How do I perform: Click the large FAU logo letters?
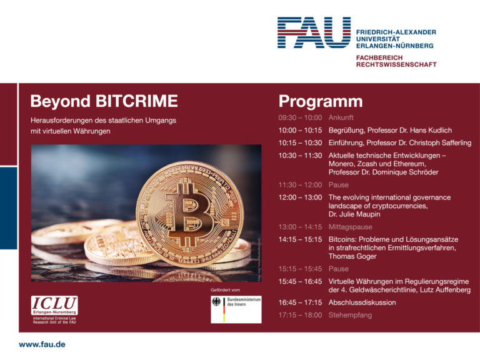tap(314, 32)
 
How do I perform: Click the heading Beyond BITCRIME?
tap(104, 101)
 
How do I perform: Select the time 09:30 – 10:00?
tap(300, 117)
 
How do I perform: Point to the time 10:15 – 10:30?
tap(300, 143)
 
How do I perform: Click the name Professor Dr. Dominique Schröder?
tap(383, 172)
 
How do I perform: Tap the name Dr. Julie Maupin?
tap(354, 214)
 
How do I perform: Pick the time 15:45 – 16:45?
tap(300, 282)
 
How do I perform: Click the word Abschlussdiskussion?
tap(362, 302)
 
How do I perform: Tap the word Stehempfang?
tap(350, 315)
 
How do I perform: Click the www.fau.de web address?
tap(42, 344)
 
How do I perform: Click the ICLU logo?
tap(54, 306)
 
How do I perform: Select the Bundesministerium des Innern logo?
tap(236, 309)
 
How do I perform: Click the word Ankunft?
tap(341, 117)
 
